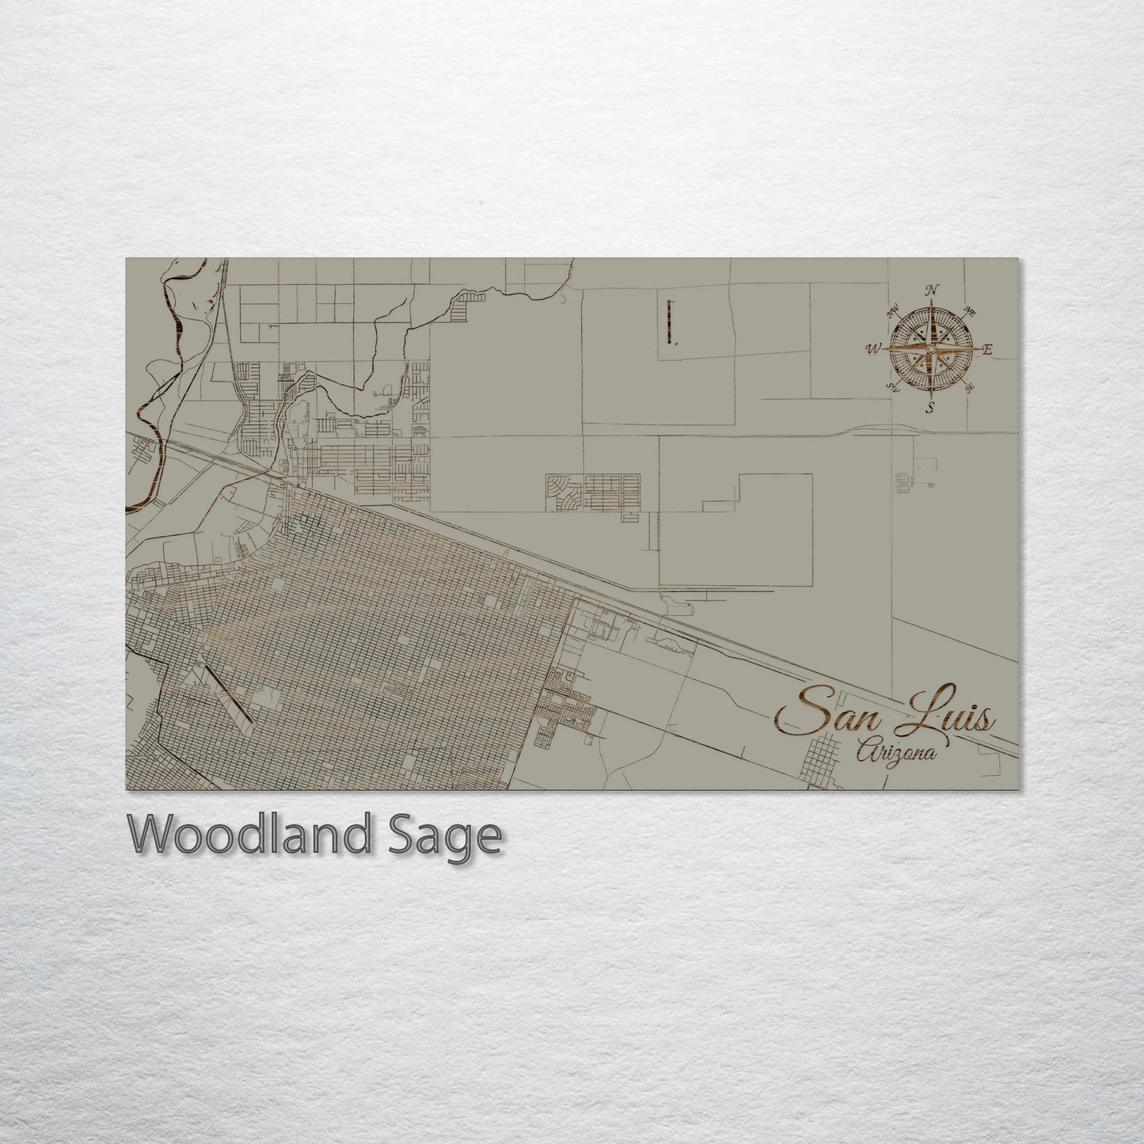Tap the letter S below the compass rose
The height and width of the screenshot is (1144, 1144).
click(931, 408)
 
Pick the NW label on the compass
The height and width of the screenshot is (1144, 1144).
click(895, 312)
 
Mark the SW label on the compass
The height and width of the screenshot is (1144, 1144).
click(895, 387)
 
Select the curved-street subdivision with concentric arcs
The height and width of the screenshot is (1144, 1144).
click(563, 490)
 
